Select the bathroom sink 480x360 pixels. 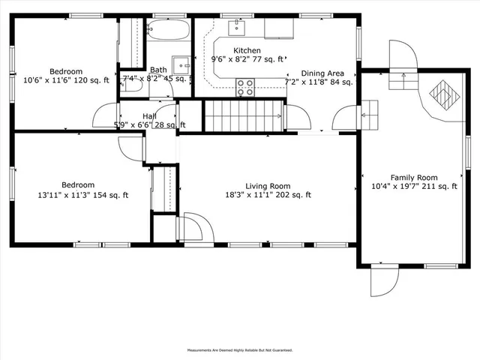tap(181, 63)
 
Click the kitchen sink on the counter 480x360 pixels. tap(236, 28)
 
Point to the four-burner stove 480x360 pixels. tap(245, 87)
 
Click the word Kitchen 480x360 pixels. tap(247, 50)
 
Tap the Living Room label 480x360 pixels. tap(268, 186)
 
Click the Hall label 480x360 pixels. tap(149, 116)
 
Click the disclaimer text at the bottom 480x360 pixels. tap(239, 350)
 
